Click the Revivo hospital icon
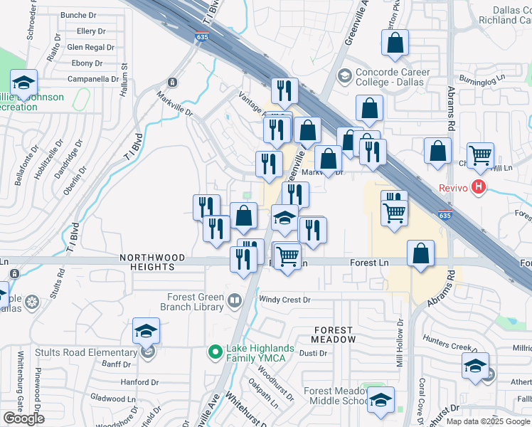[479, 188]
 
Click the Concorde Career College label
[389, 77]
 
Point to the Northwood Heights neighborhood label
[152, 262]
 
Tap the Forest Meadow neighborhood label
[332, 334]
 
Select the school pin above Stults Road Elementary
[147, 331]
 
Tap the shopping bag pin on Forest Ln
[421, 253]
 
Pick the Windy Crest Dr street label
[284, 300]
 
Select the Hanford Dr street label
[135, 381]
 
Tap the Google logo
[24, 418]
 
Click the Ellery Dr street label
[90, 31]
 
